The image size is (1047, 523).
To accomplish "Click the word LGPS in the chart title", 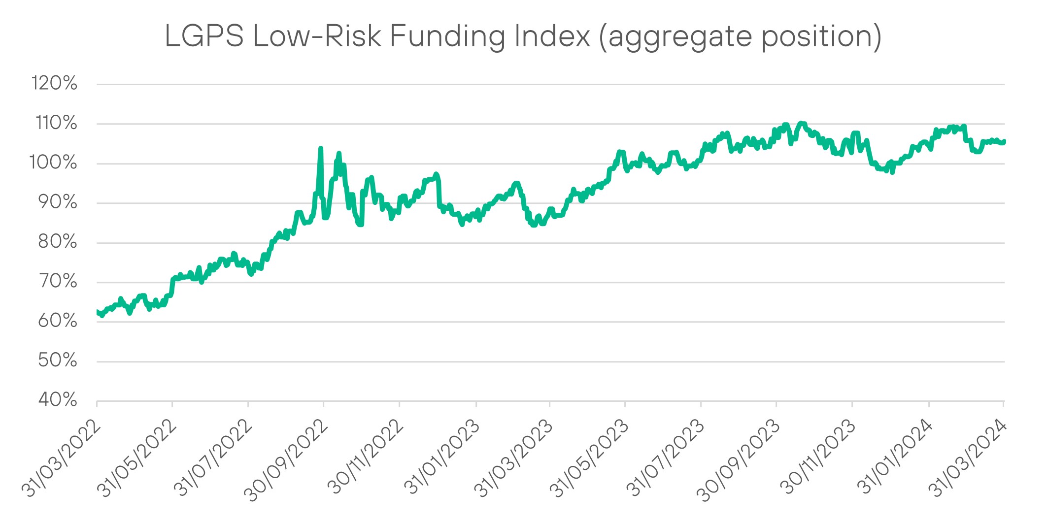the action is tap(204, 36).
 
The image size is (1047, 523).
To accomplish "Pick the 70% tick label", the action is tap(58, 281).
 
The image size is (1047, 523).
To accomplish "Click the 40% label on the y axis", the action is tap(58, 400).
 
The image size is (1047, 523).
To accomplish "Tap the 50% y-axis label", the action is tap(58, 360).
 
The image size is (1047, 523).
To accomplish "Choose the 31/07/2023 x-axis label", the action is tap(665, 458).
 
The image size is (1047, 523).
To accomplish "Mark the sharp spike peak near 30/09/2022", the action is tap(321, 148).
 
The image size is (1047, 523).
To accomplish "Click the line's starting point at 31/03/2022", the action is tap(97, 312).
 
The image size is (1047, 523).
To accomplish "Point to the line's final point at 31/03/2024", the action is tap(1004, 141).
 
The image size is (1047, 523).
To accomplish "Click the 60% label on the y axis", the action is tap(58, 321).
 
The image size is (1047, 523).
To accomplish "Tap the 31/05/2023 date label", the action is tap(589, 458).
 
